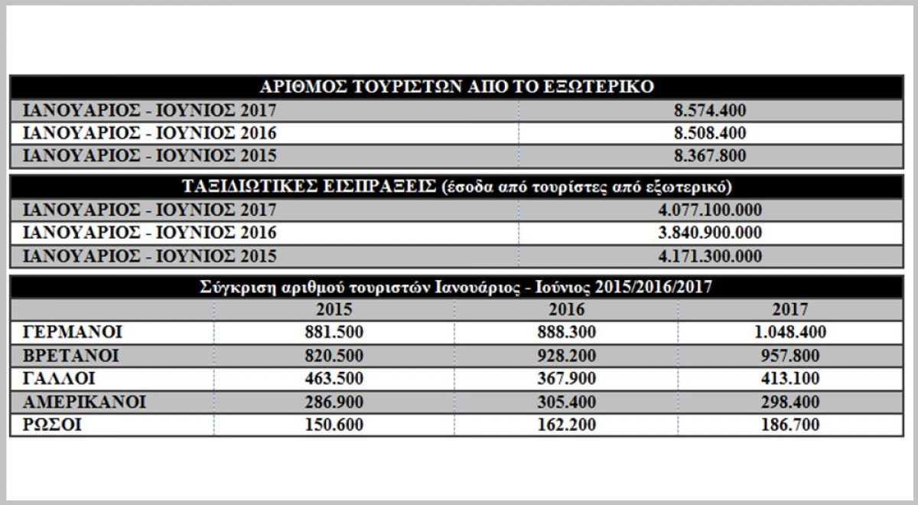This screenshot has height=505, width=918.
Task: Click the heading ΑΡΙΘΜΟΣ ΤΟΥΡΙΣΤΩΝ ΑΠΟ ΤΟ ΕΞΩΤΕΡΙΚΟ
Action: [456, 86]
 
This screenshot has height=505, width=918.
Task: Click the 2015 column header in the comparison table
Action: [334, 310]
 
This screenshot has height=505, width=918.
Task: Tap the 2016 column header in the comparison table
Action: [567, 310]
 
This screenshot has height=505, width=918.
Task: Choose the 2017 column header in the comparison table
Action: [791, 310]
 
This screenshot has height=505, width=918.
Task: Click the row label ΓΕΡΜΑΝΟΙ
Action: [73, 333]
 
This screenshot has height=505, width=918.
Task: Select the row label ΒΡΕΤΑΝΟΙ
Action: [72, 356]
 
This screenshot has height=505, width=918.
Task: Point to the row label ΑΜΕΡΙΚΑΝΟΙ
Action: [85, 402]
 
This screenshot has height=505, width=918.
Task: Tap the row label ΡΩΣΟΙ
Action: [53, 425]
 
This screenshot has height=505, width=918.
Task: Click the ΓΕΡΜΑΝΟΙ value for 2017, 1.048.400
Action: [791, 333]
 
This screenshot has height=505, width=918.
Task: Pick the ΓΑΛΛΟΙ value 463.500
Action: [334, 379]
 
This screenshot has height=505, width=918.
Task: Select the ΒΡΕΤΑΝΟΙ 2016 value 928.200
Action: [567, 356]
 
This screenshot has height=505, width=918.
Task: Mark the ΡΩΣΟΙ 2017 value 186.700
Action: [791, 425]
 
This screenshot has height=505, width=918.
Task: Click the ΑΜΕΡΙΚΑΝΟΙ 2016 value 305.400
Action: [567, 402]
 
